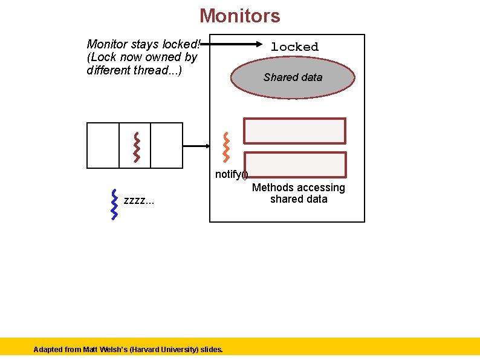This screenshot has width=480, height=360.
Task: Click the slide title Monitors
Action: tap(239, 15)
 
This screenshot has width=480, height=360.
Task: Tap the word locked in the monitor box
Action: tap(294, 47)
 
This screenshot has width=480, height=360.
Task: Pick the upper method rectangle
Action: tap(294, 131)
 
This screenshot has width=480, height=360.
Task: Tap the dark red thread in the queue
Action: tap(137, 146)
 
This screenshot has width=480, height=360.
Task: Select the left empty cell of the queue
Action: tap(103, 145)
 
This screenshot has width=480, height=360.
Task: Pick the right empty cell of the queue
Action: tap(166, 145)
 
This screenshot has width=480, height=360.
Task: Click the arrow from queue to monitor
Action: tap(196, 146)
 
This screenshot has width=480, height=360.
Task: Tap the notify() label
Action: tap(231, 175)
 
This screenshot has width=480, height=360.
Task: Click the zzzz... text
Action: tap(138, 200)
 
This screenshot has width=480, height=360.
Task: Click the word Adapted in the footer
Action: tap(47, 350)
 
